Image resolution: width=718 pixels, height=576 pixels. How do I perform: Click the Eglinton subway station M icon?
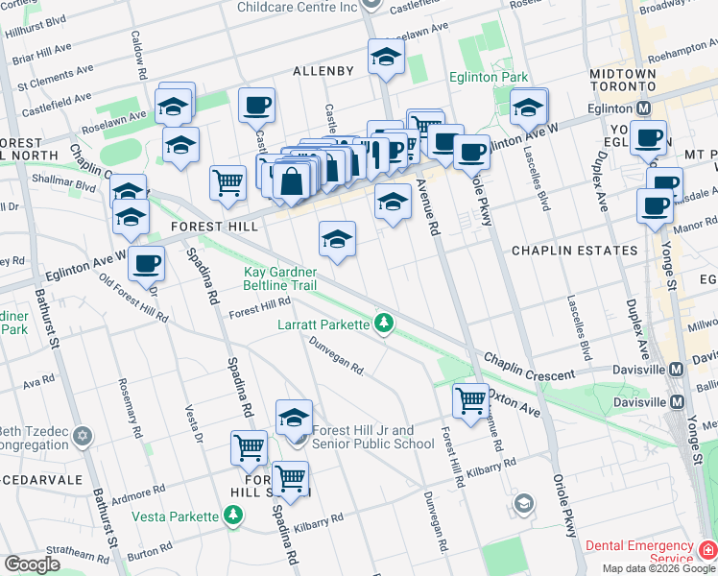click(x=644, y=108)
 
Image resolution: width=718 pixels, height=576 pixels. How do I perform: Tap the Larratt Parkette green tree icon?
click(x=384, y=324)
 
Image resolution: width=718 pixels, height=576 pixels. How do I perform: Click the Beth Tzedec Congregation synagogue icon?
click(x=83, y=437)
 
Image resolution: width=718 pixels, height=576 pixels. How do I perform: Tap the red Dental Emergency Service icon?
click(x=706, y=551)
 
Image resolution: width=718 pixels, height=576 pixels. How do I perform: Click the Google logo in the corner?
click(x=33, y=564)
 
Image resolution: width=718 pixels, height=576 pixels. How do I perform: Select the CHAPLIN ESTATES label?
click(x=574, y=251)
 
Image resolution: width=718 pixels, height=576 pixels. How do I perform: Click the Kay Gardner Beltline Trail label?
click(x=280, y=278)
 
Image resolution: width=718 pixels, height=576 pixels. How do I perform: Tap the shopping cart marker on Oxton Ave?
click(x=470, y=400)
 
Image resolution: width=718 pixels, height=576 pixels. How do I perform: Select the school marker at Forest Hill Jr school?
click(x=295, y=418)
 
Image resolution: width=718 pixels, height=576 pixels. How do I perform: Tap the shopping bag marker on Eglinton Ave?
click(x=292, y=180)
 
